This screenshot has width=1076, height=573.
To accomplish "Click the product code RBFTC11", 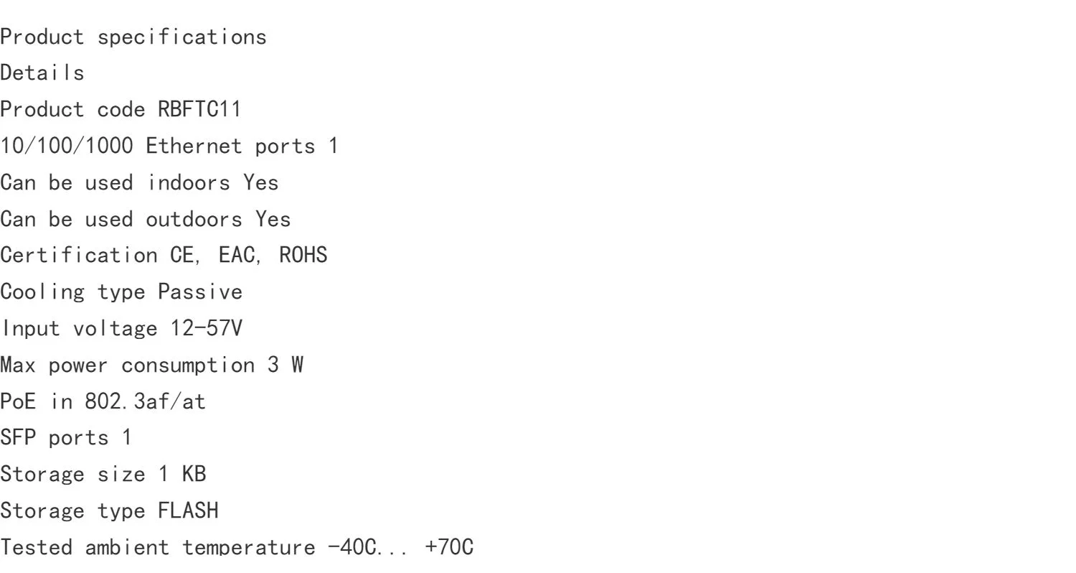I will pyautogui.click(x=199, y=110).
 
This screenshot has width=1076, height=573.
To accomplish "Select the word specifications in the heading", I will pyautogui.click(x=181, y=37).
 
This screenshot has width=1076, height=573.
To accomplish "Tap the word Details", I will pyautogui.click(x=42, y=73).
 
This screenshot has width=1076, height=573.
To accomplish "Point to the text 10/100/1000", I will pyautogui.click(x=66, y=146).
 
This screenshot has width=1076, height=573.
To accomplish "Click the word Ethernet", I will pyautogui.click(x=194, y=146).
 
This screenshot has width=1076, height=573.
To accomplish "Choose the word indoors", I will pyautogui.click(x=188, y=182).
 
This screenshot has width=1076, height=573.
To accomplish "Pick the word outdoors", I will pyautogui.click(x=194, y=219).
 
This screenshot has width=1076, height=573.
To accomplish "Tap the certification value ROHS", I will pyautogui.click(x=303, y=255).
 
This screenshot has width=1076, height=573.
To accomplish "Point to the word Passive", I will pyautogui.click(x=200, y=292).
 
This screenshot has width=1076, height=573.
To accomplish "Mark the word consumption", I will pyautogui.click(x=188, y=365).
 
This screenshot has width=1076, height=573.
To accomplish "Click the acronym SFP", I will pyautogui.click(x=18, y=438).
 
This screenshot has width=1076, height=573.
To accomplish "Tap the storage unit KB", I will pyautogui.click(x=194, y=475).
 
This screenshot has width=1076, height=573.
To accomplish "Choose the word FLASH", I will pyautogui.click(x=188, y=511).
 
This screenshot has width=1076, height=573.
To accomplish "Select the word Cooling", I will pyautogui.click(x=42, y=292).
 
